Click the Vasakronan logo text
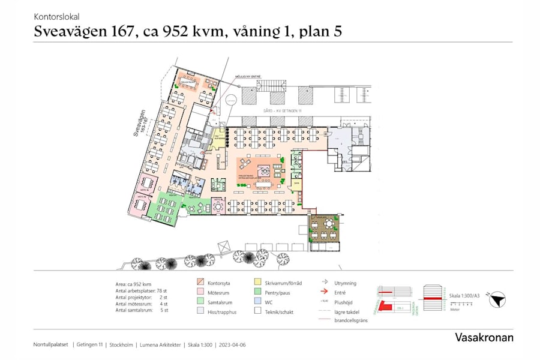pos(484,337)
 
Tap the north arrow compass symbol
pos(497,301)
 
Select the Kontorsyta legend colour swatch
pos(200,282)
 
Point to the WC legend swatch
pos(257,301)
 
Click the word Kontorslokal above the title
pos(56,17)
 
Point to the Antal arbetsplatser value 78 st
pos(162,290)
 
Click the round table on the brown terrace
pos(328,224)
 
